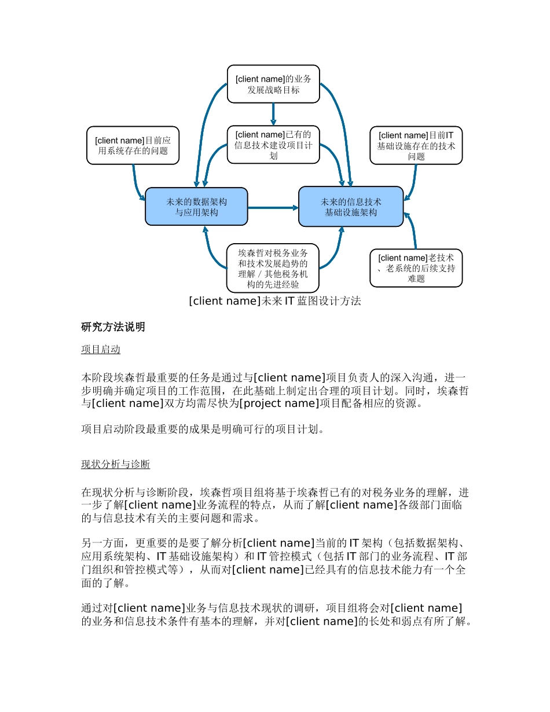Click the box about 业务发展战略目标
pyautogui.click(x=273, y=84)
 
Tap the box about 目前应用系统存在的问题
pyautogui.click(x=133, y=145)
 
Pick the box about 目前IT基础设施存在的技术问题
pyautogui.click(x=416, y=145)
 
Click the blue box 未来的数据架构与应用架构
pyautogui.click(x=196, y=207)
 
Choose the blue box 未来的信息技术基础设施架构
pyautogui.click(x=351, y=207)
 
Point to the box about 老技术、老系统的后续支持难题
pyautogui.click(x=416, y=268)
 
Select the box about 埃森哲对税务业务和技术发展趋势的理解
pyautogui.click(x=273, y=268)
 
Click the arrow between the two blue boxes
pyautogui.click(x=273, y=207)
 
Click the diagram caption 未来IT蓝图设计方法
pyautogui.click(x=275, y=301)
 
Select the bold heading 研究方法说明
pyautogui.click(x=113, y=327)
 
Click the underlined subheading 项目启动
pyautogui.click(x=101, y=350)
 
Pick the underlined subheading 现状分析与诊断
pyautogui.click(x=115, y=464)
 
